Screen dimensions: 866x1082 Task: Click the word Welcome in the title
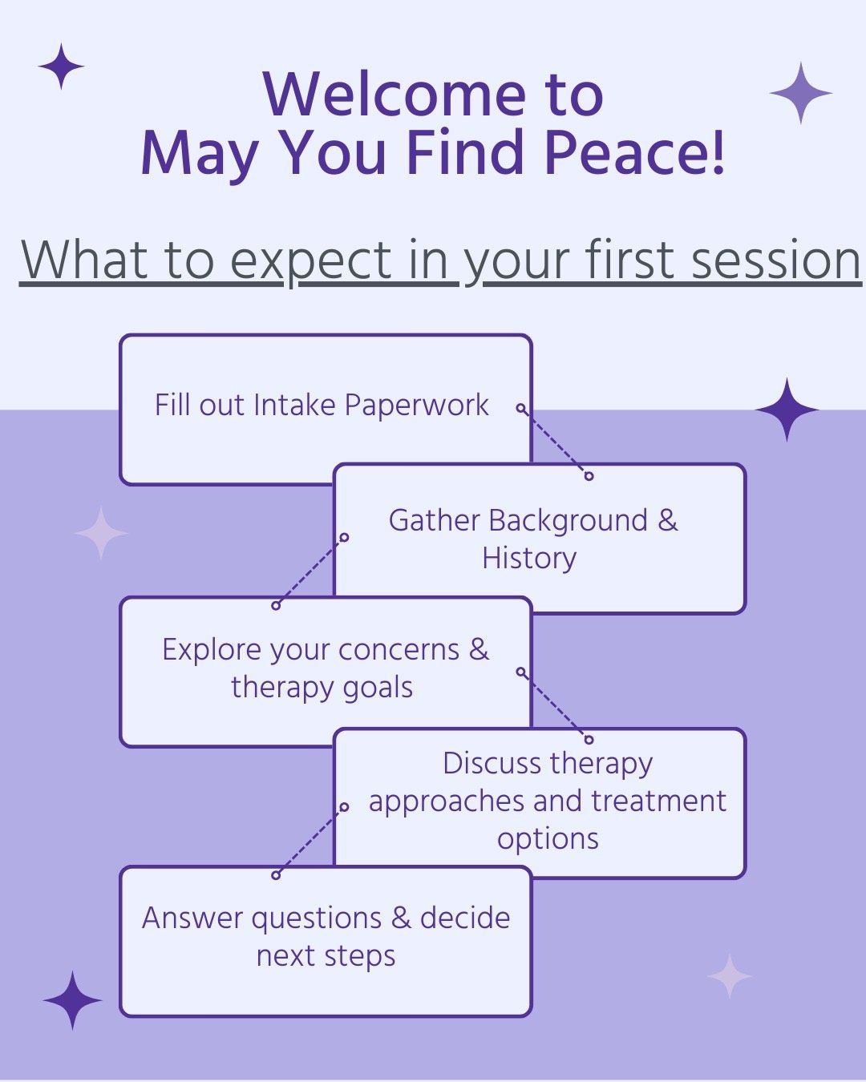point(394,94)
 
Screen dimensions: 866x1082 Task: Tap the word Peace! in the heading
point(634,151)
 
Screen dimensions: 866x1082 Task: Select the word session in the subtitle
point(776,259)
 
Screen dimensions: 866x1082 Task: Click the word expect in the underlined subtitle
point(310,262)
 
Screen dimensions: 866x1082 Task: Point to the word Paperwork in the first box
point(416,406)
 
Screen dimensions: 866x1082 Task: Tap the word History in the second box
point(529,559)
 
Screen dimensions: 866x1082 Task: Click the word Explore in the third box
point(212,651)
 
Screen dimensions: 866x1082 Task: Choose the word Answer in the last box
point(192,918)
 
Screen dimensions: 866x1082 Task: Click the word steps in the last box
point(360,957)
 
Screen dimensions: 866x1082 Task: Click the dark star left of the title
point(62,67)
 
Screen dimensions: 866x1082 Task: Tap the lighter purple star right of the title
point(800,93)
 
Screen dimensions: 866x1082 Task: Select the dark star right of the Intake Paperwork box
point(787,410)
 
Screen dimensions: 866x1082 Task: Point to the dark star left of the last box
point(72,1000)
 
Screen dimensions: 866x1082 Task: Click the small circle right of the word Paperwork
point(521,407)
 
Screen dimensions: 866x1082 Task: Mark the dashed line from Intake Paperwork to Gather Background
point(555,442)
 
